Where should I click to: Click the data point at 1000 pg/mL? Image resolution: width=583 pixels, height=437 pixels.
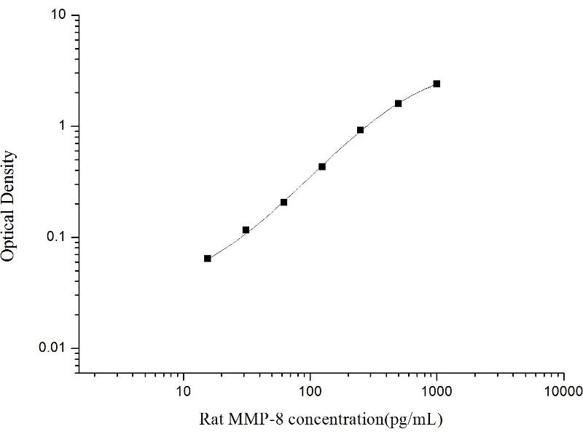coord(437,84)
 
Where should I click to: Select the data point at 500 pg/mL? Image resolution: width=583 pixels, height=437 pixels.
coord(399,103)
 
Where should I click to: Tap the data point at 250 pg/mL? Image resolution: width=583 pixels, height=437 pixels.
coord(361,130)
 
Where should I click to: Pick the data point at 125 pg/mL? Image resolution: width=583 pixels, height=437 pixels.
coord(322,167)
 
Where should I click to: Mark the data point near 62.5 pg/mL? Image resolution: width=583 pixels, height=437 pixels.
coord(283,202)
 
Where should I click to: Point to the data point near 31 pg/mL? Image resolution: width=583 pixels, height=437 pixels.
coord(246,230)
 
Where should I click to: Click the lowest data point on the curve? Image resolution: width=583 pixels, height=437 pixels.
coord(208,259)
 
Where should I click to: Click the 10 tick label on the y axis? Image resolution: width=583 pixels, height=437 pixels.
coord(60,16)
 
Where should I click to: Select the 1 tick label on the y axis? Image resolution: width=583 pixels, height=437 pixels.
coord(64,127)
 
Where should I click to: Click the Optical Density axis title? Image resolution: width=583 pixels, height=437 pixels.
coord(9,205)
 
